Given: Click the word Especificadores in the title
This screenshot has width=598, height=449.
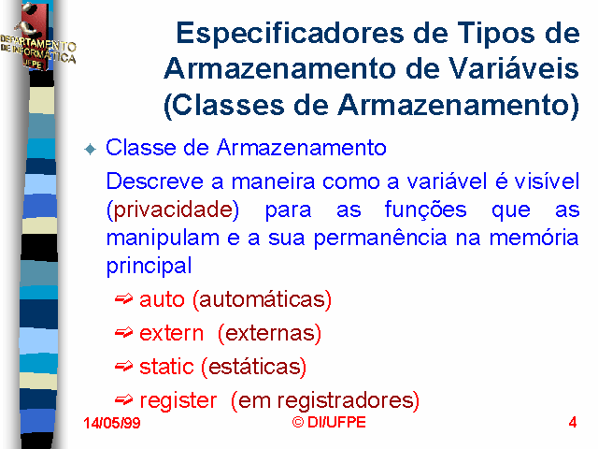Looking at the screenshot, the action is coord(290,34).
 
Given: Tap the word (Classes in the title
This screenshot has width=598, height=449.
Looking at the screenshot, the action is coord(224,105).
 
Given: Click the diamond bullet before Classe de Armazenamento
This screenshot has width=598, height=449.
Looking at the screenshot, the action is coord(91,149).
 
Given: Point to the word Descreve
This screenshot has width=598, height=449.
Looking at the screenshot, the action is coord(154,181).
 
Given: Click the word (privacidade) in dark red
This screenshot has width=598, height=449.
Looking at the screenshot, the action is coord(173,210).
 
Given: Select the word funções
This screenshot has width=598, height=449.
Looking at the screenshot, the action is coord(425,210).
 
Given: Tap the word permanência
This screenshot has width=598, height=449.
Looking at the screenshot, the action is coord(380,238).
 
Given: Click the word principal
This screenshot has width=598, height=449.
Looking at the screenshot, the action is coord(149,266).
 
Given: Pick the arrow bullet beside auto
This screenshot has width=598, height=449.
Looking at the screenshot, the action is coord(123,299).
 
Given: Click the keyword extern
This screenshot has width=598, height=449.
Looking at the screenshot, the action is coord(171,333).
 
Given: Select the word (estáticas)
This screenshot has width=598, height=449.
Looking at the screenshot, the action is coord(253,367).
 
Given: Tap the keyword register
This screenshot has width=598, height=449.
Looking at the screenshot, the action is coord(178,401).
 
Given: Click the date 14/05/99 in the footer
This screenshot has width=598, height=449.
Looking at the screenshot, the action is coord(112,423).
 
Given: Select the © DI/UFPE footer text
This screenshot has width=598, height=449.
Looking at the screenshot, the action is coord(329,422).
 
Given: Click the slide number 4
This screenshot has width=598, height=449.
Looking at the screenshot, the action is coord(573,423).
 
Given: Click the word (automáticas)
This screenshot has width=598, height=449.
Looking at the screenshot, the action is coord(262,299).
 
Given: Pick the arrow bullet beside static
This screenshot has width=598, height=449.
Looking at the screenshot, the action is coord(123,367).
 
